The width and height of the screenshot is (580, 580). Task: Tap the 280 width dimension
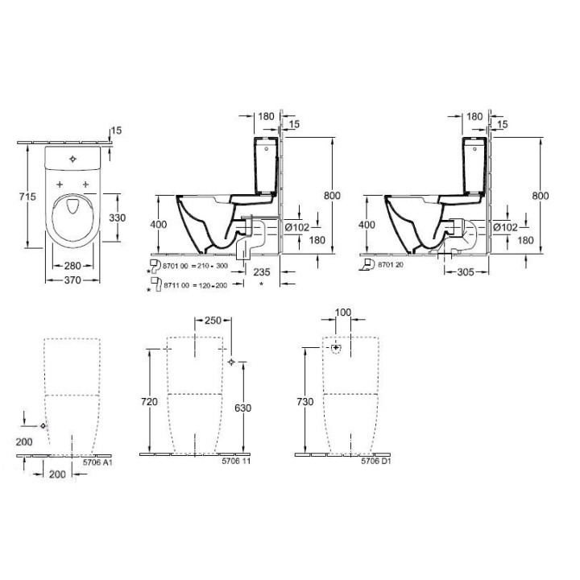pyautogui.click(x=72, y=266)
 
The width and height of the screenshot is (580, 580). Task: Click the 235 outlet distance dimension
pyautogui.click(x=261, y=272)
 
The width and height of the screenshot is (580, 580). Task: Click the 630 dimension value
pyautogui.click(x=241, y=408)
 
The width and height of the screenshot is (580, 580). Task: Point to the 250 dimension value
pyautogui.click(x=212, y=321)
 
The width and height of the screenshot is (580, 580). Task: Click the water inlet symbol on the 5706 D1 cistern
pyautogui.click(x=337, y=349)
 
